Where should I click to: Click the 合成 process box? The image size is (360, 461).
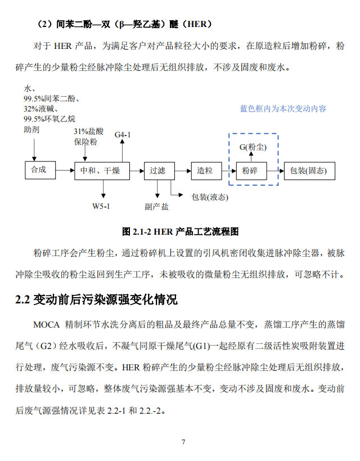pyautogui.click(x=38, y=170)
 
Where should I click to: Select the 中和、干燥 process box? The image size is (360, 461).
pyautogui.click(x=101, y=171)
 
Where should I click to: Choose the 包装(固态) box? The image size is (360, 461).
pyautogui.click(x=308, y=171)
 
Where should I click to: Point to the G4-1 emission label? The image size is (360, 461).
pyautogui.click(x=123, y=135)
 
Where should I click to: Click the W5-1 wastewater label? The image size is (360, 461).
pyautogui.click(x=101, y=206)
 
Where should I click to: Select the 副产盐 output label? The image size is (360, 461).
pyautogui.click(x=156, y=207)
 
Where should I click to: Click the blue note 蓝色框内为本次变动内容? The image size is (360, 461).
pyautogui.click(x=283, y=109)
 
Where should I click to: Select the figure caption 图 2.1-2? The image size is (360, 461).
pyautogui.click(x=134, y=231)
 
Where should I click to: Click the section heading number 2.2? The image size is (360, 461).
pyautogui.click(x=22, y=299)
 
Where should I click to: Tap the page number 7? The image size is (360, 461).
pyautogui.click(x=183, y=441)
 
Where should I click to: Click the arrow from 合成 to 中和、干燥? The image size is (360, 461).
pyautogui.click(x=63, y=170)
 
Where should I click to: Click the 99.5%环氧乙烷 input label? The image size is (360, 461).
pyautogui.click(x=49, y=119)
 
